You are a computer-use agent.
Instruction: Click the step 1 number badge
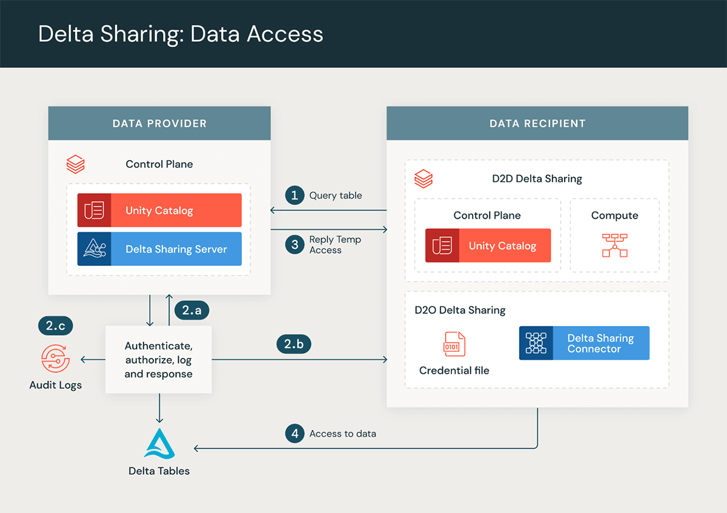(294, 195)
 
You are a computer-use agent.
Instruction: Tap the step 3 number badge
(294, 245)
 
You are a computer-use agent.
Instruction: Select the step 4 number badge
(294, 434)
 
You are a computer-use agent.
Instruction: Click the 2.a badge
(191, 311)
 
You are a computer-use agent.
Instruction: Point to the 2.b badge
(294, 344)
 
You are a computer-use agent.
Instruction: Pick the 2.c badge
(55, 326)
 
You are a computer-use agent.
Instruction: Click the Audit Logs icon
(55, 359)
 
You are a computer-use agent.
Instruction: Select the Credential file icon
(454, 344)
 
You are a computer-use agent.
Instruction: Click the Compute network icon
(614, 245)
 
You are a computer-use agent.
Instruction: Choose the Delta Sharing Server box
(159, 249)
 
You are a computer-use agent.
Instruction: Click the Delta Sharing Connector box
(584, 343)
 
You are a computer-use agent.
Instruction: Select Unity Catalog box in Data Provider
(159, 210)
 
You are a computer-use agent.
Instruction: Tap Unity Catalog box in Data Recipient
(488, 245)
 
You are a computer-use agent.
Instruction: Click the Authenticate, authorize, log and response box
(159, 360)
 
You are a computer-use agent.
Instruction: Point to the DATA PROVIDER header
(159, 124)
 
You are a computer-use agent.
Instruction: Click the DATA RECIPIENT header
(537, 124)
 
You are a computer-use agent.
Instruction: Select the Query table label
(336, 195)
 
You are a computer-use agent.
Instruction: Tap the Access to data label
(342, 434)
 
